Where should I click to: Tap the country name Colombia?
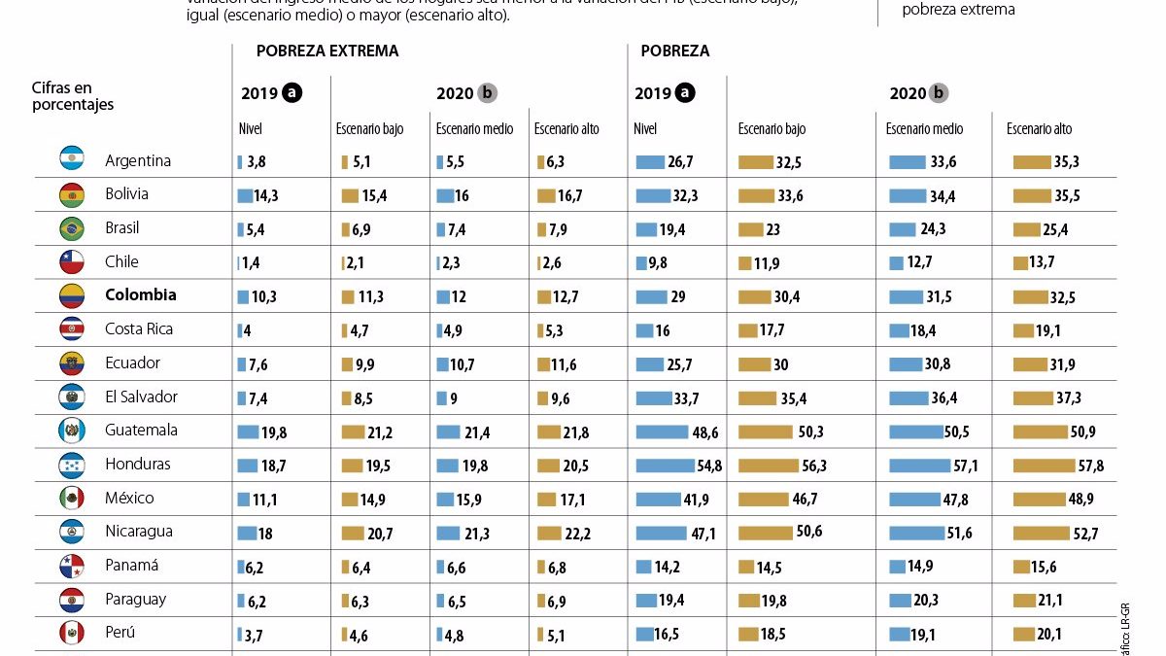pos(140,295)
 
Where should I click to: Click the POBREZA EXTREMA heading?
pos(326,52)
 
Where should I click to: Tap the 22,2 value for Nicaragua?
pos(580,534)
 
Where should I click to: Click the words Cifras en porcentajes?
pos(73,96)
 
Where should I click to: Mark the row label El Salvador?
pos(141,397)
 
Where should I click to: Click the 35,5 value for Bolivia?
pos(1066,196)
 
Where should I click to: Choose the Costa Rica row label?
pos(139,329)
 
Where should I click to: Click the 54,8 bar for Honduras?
pos(665,466)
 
